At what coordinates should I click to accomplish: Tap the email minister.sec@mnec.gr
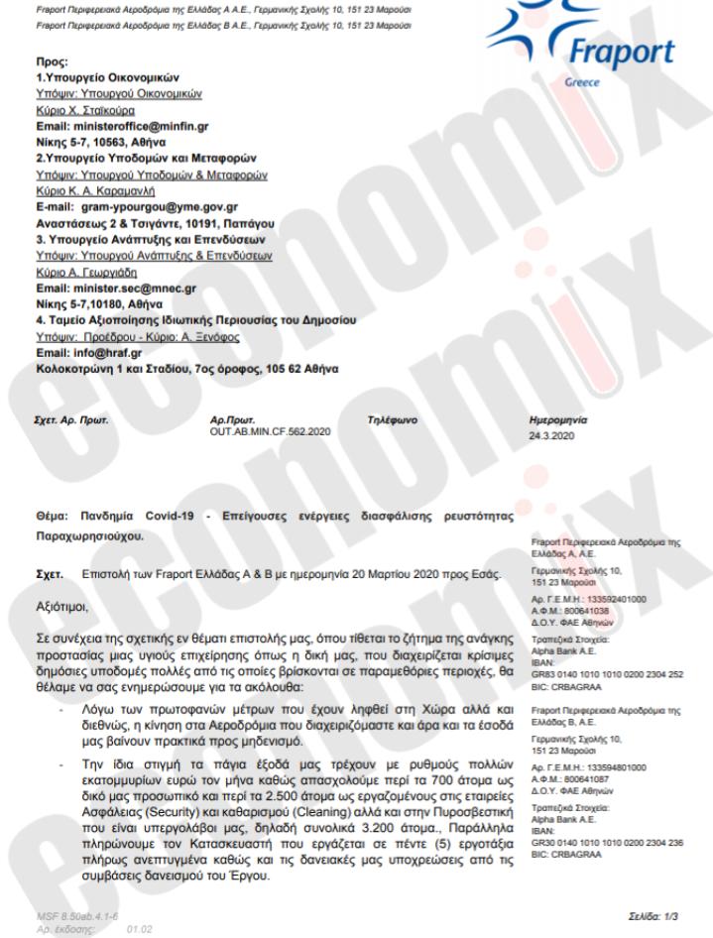coord(127,290)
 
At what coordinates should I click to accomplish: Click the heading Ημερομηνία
coord(560,421)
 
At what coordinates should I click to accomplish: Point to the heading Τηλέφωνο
coord(393,421)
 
